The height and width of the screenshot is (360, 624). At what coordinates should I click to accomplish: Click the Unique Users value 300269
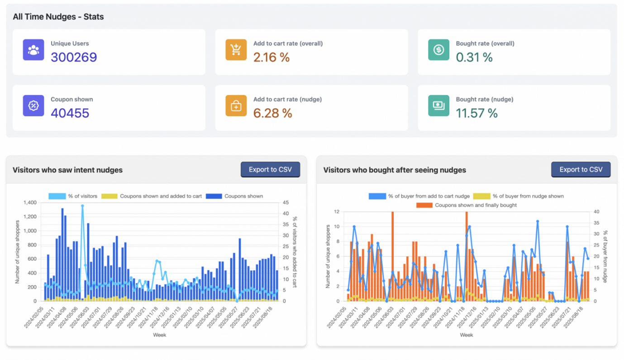click(x=74, y=58)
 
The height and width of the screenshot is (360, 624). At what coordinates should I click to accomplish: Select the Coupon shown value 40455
click(x=70, y=113)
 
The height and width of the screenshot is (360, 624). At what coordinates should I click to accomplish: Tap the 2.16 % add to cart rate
click(x=271, y=58)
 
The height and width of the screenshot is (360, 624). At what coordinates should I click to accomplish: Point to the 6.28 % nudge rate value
click(x=272, y=113)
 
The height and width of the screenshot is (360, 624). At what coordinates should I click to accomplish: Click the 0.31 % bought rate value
click(x=474, y=58)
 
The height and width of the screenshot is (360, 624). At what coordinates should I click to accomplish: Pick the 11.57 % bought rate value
click(x=476, y=113)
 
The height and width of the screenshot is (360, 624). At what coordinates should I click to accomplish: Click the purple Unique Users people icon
click(x=33, y=50)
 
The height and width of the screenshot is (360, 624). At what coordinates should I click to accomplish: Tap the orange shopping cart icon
click(x=236, y=50)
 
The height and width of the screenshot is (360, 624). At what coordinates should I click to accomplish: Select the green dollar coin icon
click(x=438, y=50)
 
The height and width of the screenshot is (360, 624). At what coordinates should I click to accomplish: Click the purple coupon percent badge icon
click(x=33, y=106)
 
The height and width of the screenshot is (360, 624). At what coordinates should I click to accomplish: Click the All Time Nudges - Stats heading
click(x=58, y=17)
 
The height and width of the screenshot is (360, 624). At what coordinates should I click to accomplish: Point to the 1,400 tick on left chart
click(x=30, y=202)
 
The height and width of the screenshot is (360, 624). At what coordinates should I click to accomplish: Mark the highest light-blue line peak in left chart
click(x=82, y=206)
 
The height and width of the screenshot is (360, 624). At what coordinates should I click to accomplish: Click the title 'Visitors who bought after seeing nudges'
click(x=395, y=170)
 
